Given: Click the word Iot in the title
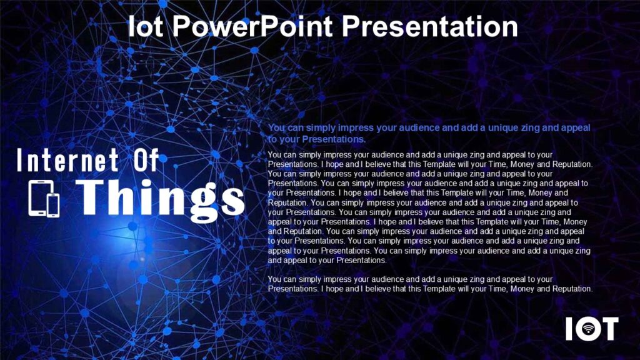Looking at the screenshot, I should coord(144,26).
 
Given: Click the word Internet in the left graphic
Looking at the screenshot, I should coord(67,160).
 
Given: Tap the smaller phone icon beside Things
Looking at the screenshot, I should coord(53,204).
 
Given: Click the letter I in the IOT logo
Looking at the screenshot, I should coord(569,329).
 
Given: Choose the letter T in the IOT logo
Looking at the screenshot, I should coord(607,329).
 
